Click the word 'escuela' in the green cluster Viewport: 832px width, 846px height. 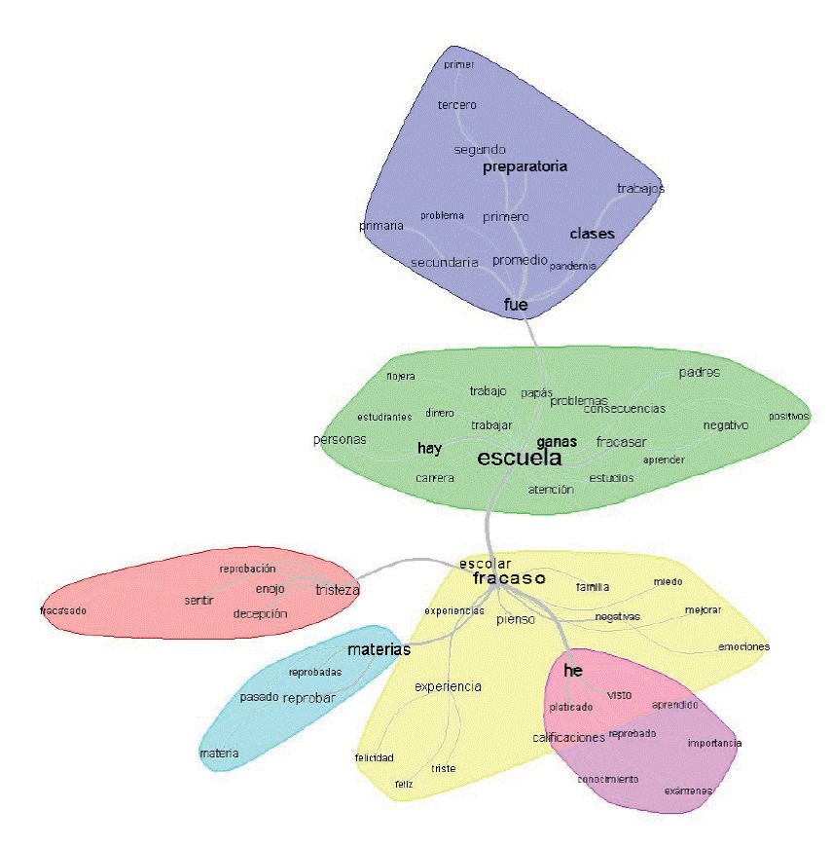tap(519, 459)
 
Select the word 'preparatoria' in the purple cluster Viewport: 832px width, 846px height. tap(525, 166)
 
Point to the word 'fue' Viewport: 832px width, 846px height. tap(516, 305)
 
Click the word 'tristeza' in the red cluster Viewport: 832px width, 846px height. tap(338, 589)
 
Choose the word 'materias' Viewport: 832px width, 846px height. tap(379, 648)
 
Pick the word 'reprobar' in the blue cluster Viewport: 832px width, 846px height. tap(308, 698)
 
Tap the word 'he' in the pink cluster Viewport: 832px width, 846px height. tap(572, 671)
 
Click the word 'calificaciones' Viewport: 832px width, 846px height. tap(568, 737)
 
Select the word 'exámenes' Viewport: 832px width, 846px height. tap(688, 791)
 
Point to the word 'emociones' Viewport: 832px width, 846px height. tap(743, 646)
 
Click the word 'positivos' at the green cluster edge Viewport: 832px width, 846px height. tap(788, 416)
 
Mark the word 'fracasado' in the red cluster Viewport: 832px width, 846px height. tap(63, 610)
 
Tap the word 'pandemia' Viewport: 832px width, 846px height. tap(572, 266)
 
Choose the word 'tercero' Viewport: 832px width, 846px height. tap(456, 105)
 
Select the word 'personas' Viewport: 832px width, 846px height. tap(340, 439)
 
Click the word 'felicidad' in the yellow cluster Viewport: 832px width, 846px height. tap(374, 757)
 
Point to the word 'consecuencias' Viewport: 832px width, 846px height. tap(624, 408)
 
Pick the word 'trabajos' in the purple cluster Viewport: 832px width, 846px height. tap(640, 188)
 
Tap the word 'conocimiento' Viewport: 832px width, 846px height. tap(608, 779)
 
